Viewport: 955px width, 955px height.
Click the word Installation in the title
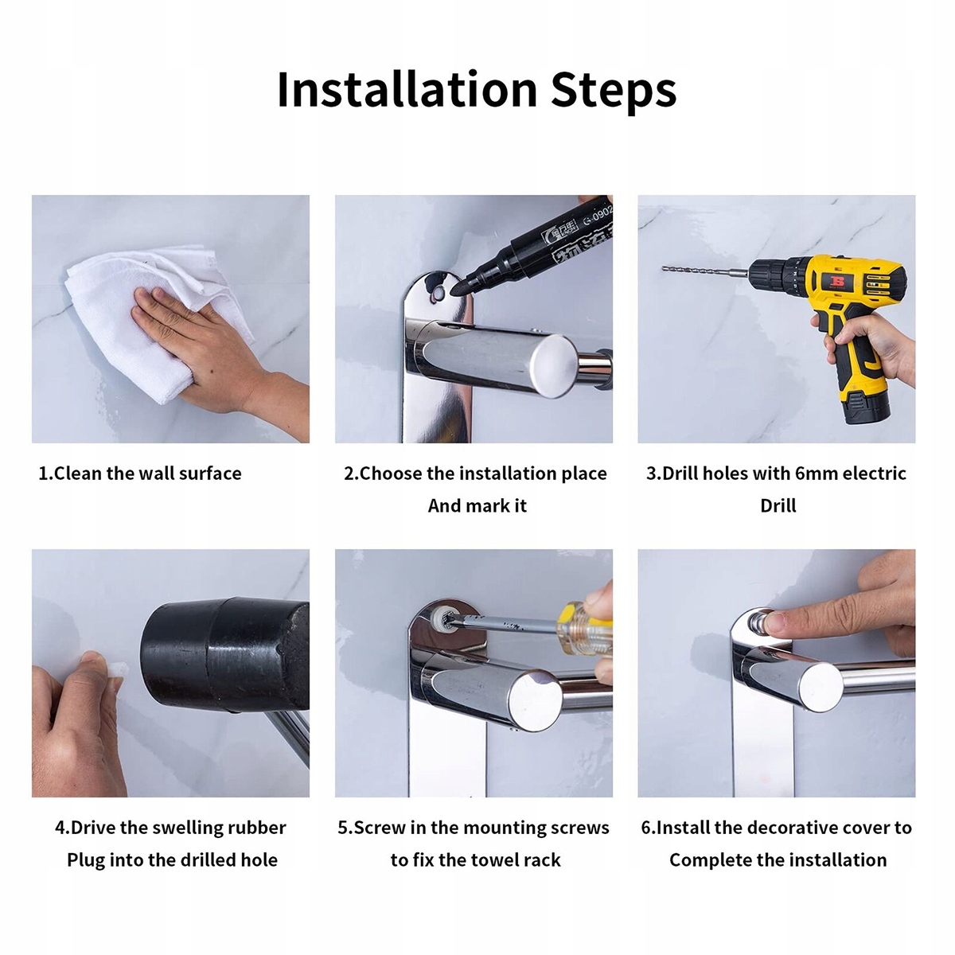pos(407,90)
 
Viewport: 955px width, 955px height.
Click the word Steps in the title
pos(614,92)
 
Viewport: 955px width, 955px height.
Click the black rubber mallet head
pos(225,653)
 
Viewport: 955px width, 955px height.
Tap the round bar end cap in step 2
pos(554,365)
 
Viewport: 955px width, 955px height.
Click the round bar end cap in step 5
pos(535,700)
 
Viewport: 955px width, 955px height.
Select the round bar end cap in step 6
pos(821,686)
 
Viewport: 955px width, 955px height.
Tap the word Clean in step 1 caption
pos(78,474)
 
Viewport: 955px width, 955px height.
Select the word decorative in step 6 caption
pos(794,828)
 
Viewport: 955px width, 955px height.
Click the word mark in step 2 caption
pos(489,506)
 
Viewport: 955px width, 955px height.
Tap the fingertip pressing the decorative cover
pos(776,623)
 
